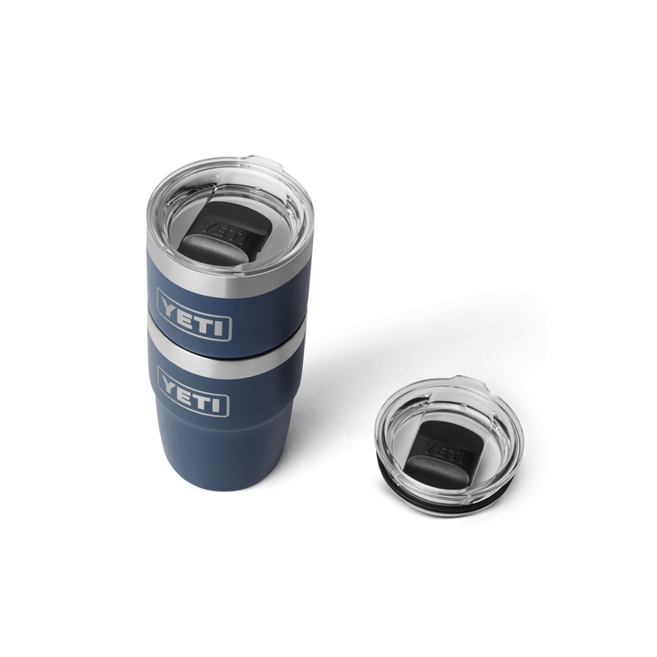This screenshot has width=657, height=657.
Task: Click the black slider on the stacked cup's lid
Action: [215, 234]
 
